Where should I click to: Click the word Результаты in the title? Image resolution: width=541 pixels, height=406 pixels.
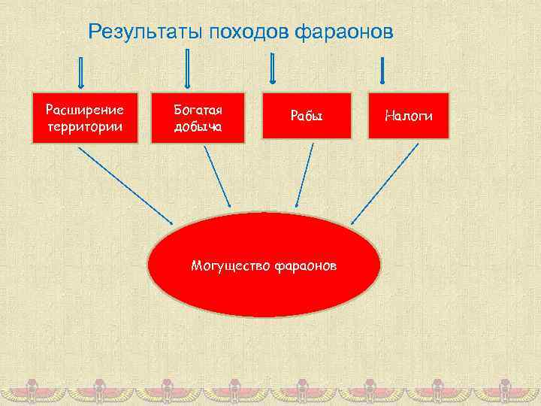click(x=144, y=32)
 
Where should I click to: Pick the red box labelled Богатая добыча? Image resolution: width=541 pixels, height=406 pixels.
click(x=198, y=117)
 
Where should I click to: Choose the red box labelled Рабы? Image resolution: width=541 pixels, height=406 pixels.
click(x=307, y=117)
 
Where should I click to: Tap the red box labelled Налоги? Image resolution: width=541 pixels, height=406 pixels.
click(x=408, y=116)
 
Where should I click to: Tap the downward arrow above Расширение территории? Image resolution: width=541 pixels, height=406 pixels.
click(x=81, y=72)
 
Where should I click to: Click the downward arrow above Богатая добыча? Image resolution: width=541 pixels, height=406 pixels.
click(x=187, y=68)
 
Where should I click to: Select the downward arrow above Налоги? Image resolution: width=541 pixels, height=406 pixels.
click(x=383, y=70)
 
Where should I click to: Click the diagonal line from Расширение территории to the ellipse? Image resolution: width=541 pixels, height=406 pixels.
click(x=125, y=184)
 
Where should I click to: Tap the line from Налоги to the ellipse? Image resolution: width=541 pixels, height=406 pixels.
click(x=385, y=183)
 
